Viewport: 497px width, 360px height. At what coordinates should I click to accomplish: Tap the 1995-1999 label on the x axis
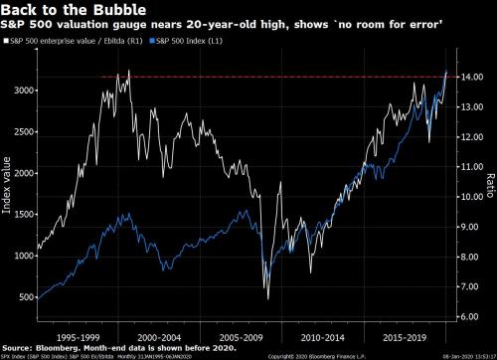click(77, 336)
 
